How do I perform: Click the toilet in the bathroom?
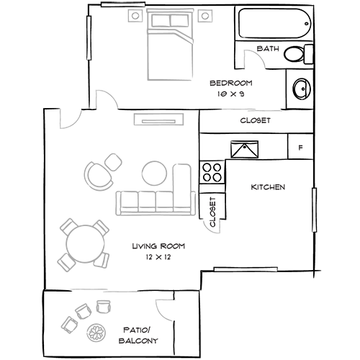click(x=298, y=54)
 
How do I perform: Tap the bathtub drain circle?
click(x=307, y=24)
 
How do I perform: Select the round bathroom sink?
click(x=302, y=89)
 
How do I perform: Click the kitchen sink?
click(x=245, y=149)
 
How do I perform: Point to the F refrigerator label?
click(x=300, y=148)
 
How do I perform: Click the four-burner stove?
click(x=212, y=173)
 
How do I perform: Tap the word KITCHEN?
click(x=268, y=187)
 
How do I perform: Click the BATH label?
click(x=268, y=49)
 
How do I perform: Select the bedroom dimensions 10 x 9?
click(x=230, y=94)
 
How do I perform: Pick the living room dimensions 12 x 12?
click(x=158, y=257)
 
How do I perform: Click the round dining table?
click(x=86, y=244)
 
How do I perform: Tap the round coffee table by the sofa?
click(x=154, y=173)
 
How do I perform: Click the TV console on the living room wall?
click(x=158, y=120)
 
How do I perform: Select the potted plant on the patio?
click(x=96, y=333)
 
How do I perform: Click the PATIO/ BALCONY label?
click(x=138, y=336)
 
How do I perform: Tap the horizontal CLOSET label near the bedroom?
click(x=256, y=120)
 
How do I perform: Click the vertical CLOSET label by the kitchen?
click(x=213, y=212)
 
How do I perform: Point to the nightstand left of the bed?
click(x=135, y=16)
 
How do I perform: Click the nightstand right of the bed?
click(x=205, y=16)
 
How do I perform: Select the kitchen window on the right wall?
click(x=314, y=210)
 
